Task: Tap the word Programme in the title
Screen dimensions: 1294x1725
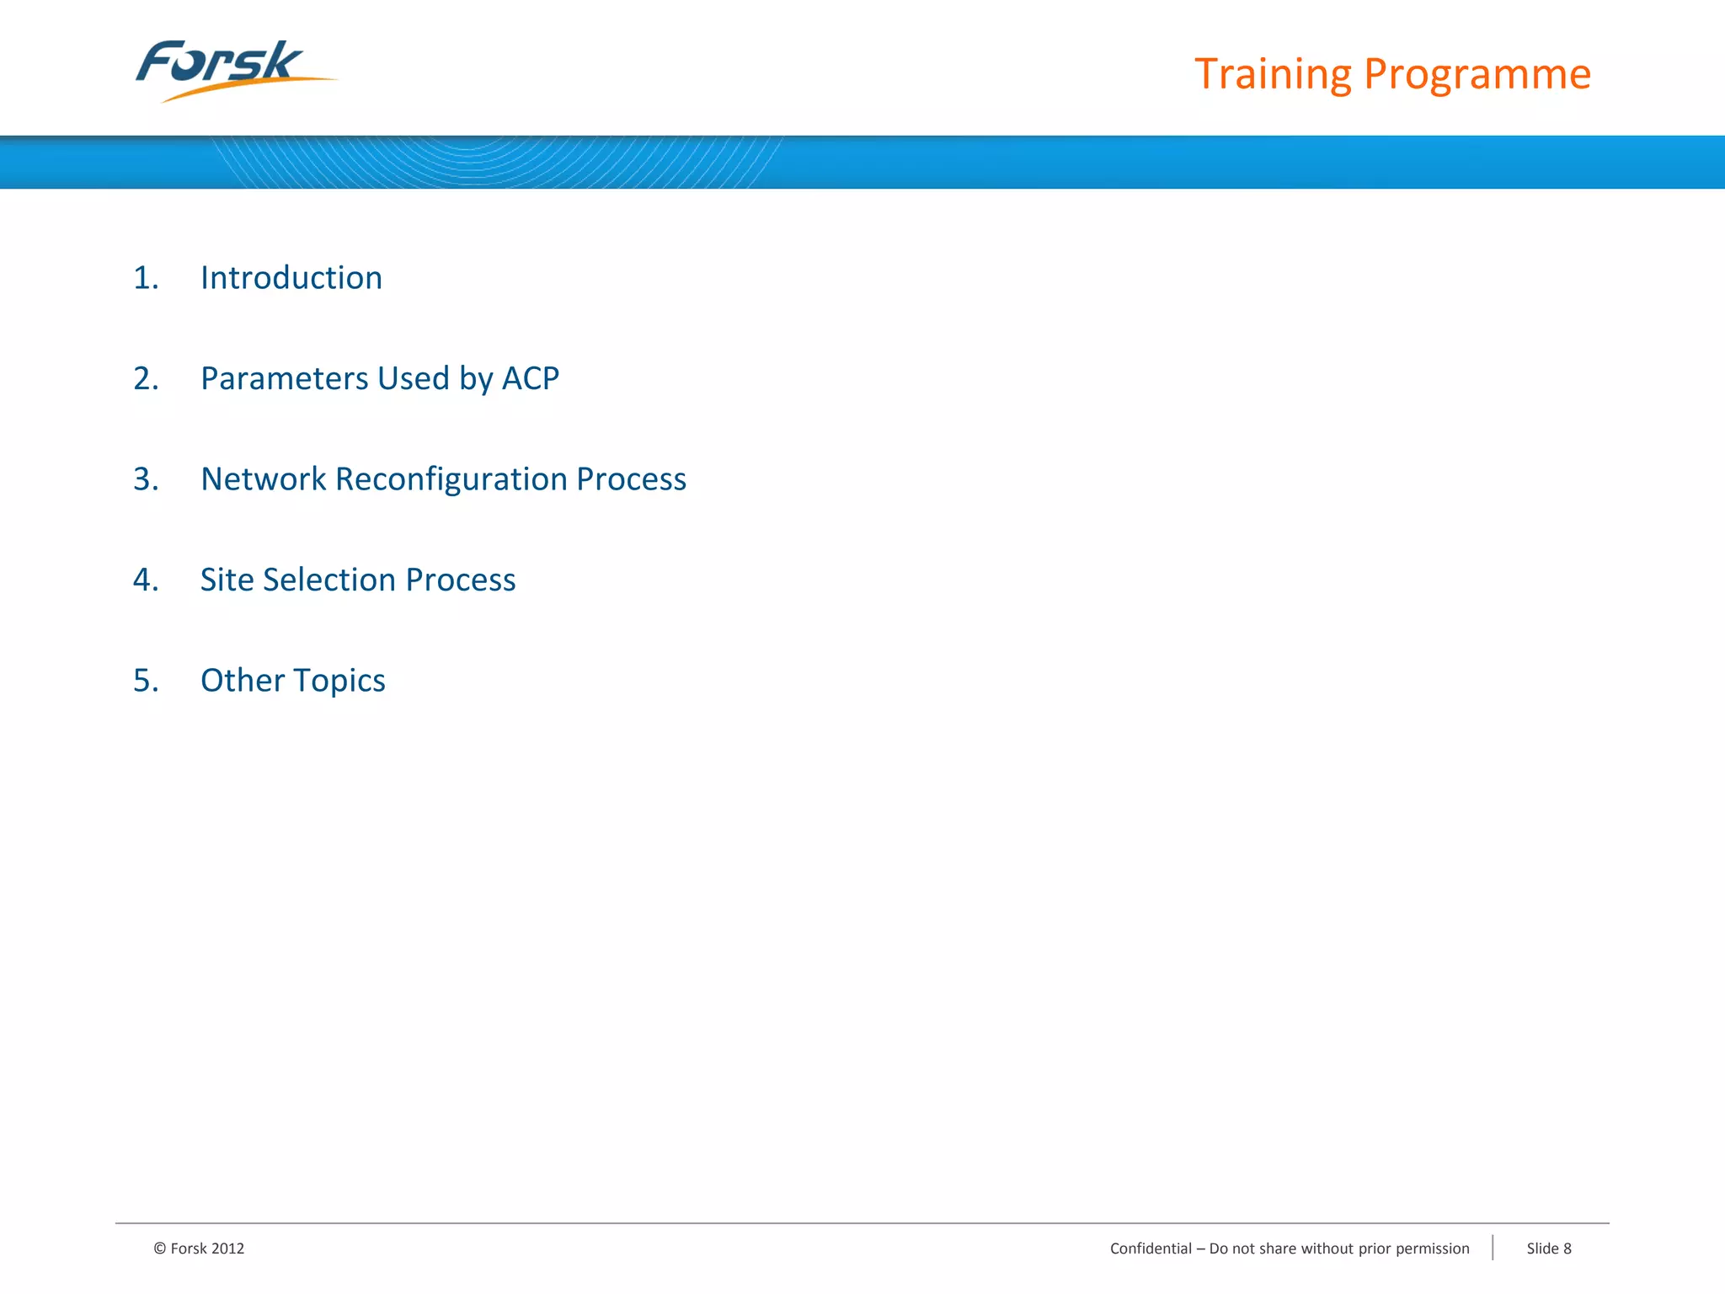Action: tap(1477, 74)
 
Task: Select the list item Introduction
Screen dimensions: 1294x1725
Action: tap(291, 278)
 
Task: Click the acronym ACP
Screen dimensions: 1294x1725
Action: tap(530, 379)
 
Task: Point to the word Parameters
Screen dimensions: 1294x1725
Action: tap(284, 379)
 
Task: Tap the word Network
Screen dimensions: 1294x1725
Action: tap(263, 479)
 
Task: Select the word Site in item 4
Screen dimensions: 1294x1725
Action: tap(227, 580)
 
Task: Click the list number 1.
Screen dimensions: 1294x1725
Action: tap(146, 278)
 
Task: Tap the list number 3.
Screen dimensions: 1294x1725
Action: tap(146, 479)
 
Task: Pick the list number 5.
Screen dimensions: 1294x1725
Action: tap(146, 681)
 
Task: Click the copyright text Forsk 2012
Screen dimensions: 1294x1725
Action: tap(200, 1249)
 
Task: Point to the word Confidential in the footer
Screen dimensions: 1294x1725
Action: tap(1151, 1249)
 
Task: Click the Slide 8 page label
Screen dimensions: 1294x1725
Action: tap(1548, 1249)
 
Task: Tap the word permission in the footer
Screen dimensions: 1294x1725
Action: tap(1432, 1249)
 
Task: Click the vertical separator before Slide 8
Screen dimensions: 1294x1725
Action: tap(1493, 1248)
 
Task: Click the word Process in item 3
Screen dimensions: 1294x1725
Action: tap(631, 479)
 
